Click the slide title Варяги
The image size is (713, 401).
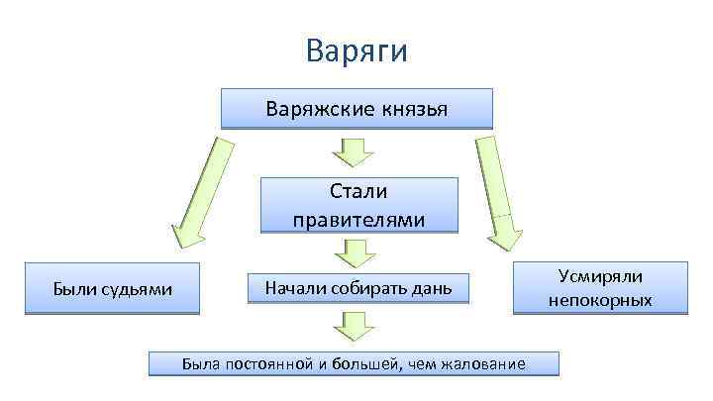tap(356, 50)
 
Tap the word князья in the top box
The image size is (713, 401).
tap(414, 109)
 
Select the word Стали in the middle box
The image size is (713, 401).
tap(358, 193)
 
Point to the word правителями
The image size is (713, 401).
tap(358, 219)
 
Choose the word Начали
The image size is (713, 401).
tap(294, 288)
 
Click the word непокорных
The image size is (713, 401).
tap(600, 299)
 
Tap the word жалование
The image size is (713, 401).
tap(478, 364)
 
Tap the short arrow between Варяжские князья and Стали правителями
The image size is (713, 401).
tap(353, 152)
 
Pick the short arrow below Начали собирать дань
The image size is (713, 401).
tap(353, 324)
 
